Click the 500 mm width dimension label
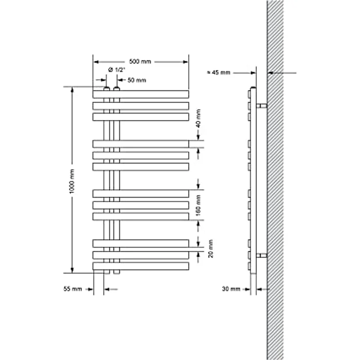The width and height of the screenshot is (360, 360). [x=140, y=62]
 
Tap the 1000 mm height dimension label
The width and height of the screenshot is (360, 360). [x=72, y=181]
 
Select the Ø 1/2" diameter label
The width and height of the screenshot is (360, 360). [x=116, y=70]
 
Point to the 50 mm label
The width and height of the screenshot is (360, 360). [x=136, y=80]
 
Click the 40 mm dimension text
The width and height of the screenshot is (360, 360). [x=199, y=118]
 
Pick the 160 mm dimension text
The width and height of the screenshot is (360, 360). [x=199, y=205]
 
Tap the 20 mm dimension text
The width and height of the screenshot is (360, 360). [x=210, y=248]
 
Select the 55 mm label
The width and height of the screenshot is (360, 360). [x=72, y=289]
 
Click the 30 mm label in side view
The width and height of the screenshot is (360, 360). [x=231, y=289]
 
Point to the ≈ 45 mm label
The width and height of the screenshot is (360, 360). [x=219, y=72]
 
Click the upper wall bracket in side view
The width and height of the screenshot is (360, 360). [x=262, y=106]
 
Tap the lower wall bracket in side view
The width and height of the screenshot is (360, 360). [x=262, y=255]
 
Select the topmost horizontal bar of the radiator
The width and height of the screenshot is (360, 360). [x=141, y=94]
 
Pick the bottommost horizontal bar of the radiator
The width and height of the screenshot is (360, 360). [x=141, y=266]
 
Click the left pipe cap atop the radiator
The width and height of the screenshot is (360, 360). [x=107, y=89]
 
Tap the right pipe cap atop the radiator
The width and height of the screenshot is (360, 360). [x=116, y=89]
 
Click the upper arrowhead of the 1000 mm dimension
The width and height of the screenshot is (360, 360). [x=72, y=90]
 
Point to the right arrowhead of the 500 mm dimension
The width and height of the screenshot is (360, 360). [x=185, y=62]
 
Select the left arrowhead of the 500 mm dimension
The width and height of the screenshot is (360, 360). [x=96, y=62]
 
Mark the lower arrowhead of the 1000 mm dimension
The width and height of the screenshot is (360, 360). [x=72, y=270]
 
